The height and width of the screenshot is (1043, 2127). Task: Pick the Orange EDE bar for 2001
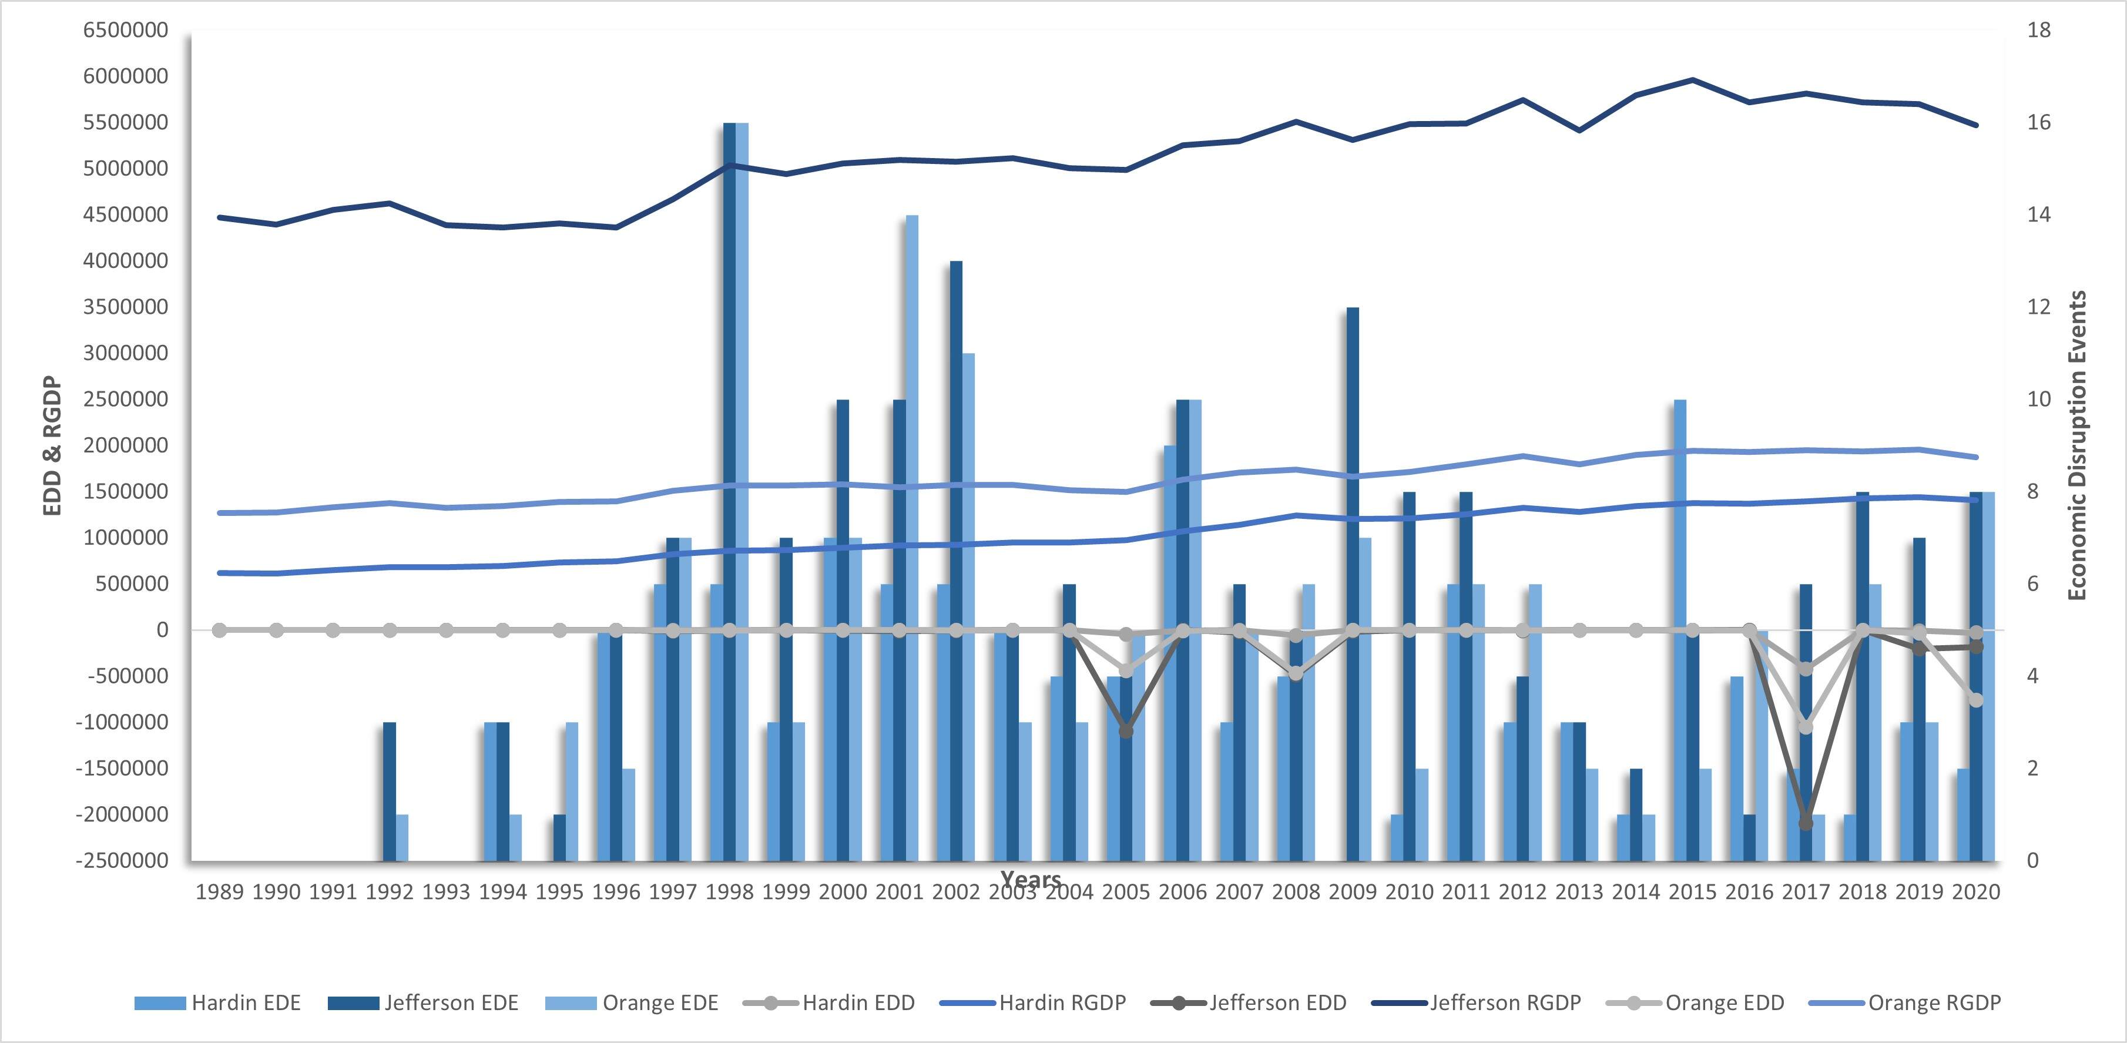(x=911, y=536)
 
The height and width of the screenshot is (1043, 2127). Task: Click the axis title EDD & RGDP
(x=53, y=446)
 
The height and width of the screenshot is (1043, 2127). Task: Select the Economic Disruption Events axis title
(x=2078, y=446)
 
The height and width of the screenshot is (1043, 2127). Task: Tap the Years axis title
(x=1031, y=878)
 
